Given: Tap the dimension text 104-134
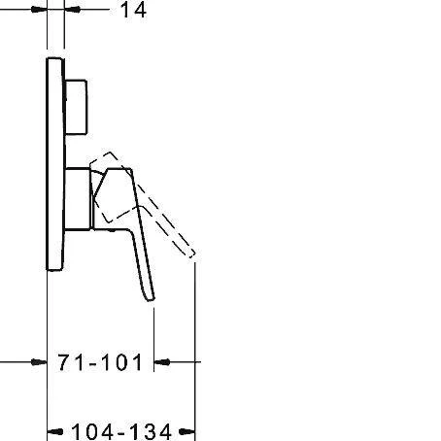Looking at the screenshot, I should click(121, 430).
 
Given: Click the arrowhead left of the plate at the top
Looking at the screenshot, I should click(40, 11).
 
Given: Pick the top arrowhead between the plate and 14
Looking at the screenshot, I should click(72, 11).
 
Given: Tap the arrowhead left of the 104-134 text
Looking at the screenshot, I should click(54, 430).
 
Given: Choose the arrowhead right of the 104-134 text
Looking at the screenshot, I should click(189, 430).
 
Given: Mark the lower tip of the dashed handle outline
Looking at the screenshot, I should click(194, 259).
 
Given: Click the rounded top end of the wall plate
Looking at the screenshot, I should click(55, 61).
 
